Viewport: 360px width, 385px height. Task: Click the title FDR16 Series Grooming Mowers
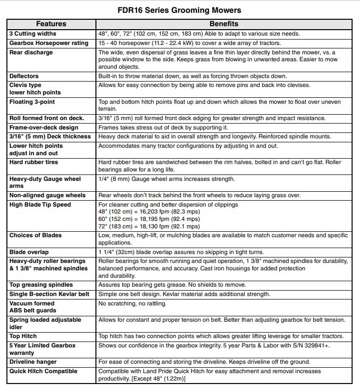(x=180, y=9)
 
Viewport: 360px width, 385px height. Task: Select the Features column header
(x=51, y=24)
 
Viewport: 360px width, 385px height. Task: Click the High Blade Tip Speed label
(x=40, y=205)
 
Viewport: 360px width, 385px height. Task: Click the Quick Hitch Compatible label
(x=43, y=371)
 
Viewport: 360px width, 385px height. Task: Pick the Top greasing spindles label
(x=41, y=285)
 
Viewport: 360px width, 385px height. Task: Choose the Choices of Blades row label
(x=35, y=237)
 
